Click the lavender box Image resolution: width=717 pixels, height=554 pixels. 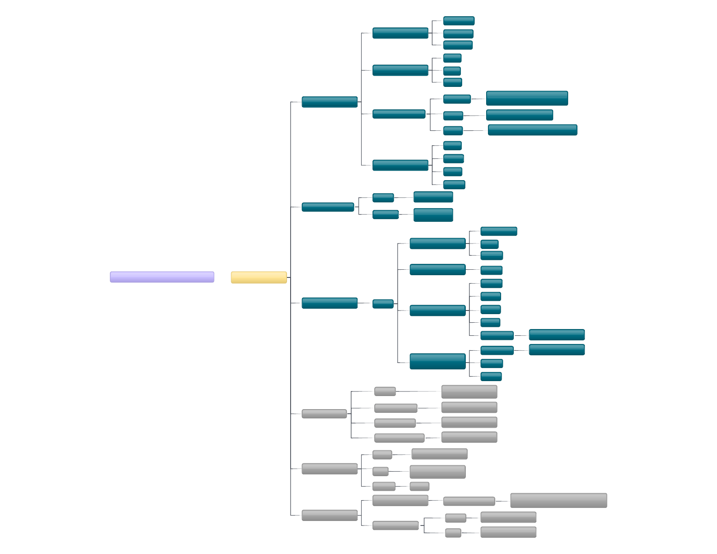(162, 277)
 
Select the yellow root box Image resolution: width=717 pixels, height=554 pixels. (258, 277)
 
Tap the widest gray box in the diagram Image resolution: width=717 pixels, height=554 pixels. (558, 501)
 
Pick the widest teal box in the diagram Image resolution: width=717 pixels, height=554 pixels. (532, 130)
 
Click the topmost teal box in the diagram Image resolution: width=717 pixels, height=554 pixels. (459, 21)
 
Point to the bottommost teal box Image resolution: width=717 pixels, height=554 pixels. (491, 377)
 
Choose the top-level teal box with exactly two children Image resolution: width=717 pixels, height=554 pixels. (327, 207)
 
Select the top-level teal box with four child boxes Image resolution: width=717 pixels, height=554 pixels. (329, 102)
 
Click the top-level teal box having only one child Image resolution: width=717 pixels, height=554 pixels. (329, 303)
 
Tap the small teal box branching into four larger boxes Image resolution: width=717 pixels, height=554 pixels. (382, 304)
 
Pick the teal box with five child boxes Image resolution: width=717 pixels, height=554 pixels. (437, 310)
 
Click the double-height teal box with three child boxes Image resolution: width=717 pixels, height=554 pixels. (437, 362)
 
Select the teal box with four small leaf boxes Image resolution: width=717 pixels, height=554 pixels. (400, 165)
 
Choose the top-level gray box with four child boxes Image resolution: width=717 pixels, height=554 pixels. (324, 414)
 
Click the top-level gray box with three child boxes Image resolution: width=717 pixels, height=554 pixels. (329, 469)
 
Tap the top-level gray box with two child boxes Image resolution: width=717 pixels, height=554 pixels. (329, 516)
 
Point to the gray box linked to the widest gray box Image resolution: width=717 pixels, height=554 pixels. (468, 501)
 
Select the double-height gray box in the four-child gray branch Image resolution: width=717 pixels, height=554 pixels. (469, 392)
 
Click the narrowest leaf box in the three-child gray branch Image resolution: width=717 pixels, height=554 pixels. (419, 487)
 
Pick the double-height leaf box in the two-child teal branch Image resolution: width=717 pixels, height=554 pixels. (433, 215)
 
